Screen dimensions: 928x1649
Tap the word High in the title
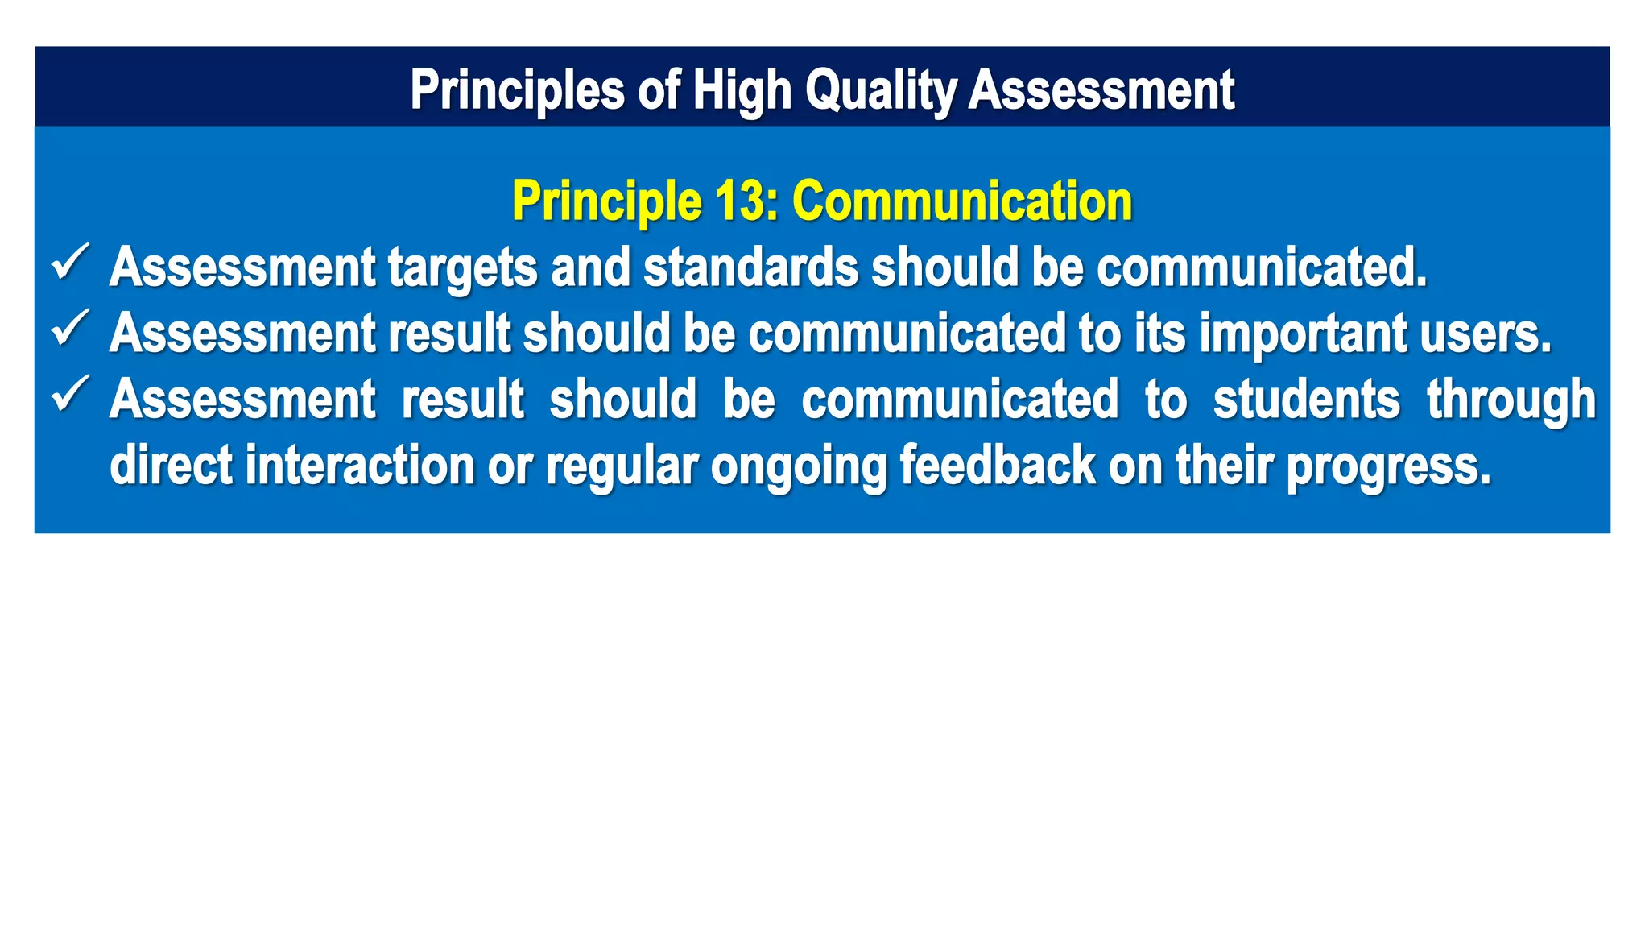tap(742, 89)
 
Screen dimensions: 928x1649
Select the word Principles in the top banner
tap(517, 89)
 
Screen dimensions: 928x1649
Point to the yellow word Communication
tap(962, 201)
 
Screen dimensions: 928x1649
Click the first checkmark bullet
tap(70, 263)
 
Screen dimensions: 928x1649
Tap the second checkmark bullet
tap(70, 329)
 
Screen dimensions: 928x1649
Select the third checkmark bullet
tap(70, 395)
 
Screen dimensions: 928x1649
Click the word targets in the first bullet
tap(463, 267)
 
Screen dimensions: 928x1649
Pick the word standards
tap(750, 267)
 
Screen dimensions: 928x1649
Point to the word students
tap(1306, 400)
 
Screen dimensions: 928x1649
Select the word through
tap(1511, 400)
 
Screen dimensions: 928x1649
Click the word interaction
tap(360, 466)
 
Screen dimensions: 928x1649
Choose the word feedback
tap(997, 466)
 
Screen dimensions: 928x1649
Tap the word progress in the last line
tap(1388, 466)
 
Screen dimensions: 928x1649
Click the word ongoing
tap(798, 466)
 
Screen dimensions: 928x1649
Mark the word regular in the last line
tap(621, 466)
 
